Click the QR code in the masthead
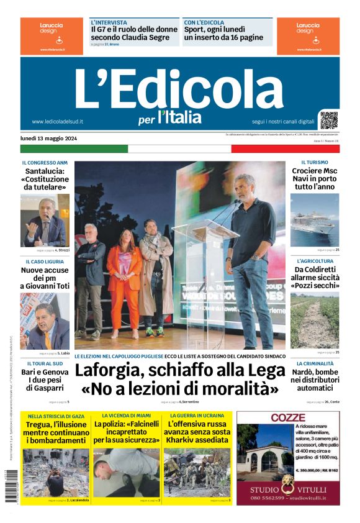[x=329, y=120]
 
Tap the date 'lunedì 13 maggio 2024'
[x=49, y=138]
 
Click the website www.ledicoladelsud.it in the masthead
[x=57, y=122]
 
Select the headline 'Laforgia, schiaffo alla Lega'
[x=179, y=371]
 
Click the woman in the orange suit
[x=124, y=274]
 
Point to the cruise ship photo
[x=315, y=220]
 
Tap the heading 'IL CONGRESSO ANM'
[x=45, y=163]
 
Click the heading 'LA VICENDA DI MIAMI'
[x=127, y=416]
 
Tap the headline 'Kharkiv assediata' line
[x=197, y=440]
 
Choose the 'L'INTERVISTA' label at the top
[x=109, y=22]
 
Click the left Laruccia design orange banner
[x=52, y=35]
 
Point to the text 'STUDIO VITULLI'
[x=287, y=489]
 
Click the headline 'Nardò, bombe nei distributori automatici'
[x=315, y=380]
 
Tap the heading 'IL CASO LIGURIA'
[x=45, y=261]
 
